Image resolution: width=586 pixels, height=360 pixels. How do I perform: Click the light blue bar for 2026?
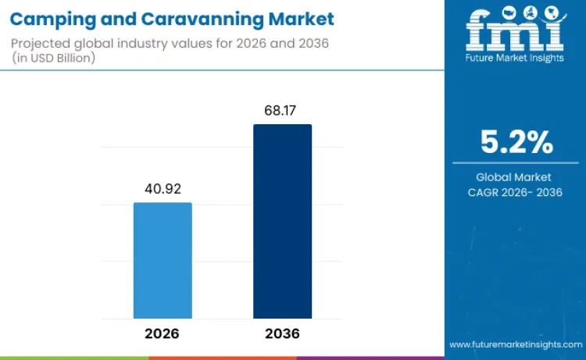[163, 260]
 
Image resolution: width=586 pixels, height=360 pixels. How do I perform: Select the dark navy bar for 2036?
[282, 221]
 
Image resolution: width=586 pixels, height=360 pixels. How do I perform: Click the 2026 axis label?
[163, 333]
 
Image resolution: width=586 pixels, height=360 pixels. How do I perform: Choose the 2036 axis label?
[282, 333]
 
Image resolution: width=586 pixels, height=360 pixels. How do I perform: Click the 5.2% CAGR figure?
[516, 143]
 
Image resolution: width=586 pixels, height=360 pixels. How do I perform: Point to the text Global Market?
[515, 177]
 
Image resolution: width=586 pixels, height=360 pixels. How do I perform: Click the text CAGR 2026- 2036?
[515, 192]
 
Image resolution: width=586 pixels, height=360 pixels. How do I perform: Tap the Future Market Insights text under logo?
[515, 58]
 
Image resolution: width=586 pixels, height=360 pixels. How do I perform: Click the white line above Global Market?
[515, 163]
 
